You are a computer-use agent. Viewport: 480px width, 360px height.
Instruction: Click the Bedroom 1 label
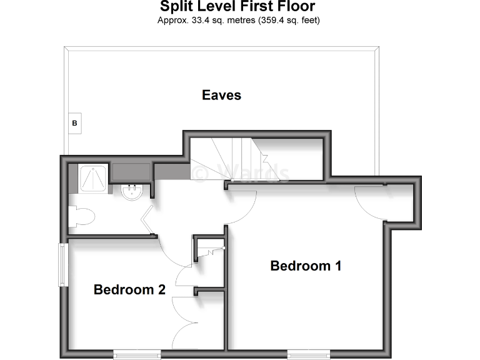306,266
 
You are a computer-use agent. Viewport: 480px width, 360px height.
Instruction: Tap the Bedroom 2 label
129,289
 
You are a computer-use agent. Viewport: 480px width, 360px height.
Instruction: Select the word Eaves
221,95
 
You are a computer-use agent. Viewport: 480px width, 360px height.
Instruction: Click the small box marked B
74,124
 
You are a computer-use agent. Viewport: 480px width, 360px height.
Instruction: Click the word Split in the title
177,7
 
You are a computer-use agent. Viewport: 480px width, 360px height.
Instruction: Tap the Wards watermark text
240,173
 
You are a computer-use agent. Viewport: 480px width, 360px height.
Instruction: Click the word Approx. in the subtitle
173,20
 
